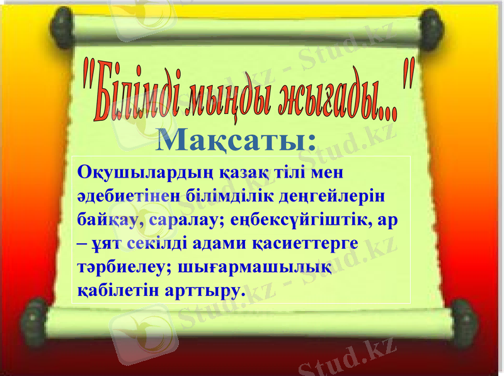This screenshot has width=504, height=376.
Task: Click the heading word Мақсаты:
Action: (x=236, y=140)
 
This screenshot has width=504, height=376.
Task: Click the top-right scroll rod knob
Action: (x=433, y=29)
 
